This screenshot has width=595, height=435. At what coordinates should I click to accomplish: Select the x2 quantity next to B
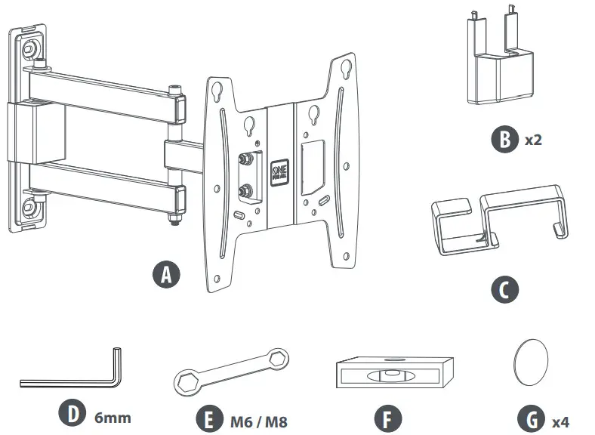[533, 140]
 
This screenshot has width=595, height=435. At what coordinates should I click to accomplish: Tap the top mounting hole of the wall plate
[30, 47]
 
